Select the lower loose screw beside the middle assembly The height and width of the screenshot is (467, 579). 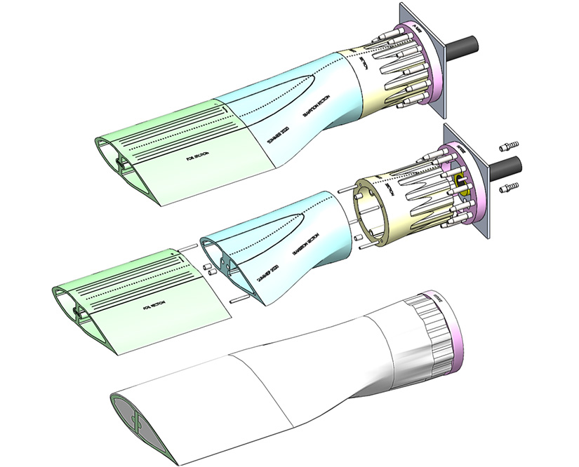tap(509, 188)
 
